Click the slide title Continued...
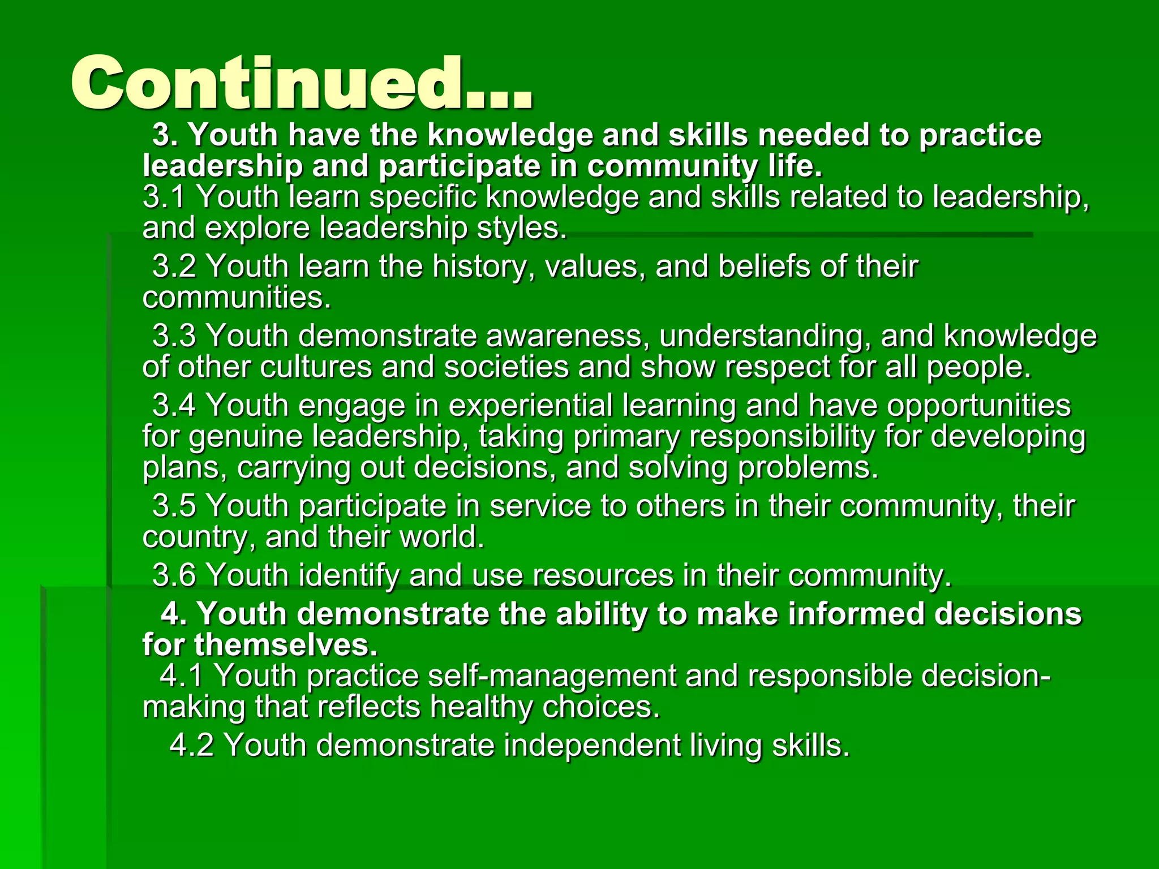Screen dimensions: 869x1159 [x=302, y=84]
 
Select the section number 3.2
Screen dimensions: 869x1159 [x=174, y=266]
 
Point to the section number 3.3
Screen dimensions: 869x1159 [x=174, y=335]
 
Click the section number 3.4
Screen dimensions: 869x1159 [x=174, y=406]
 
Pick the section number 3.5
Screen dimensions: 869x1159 [x=174, y=505]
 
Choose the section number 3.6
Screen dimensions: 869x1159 [x=174, y=575]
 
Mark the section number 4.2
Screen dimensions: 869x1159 [x=191, y=745]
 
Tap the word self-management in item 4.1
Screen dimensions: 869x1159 [x=552, y=676]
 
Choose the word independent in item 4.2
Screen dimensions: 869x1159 [x=592, y=745]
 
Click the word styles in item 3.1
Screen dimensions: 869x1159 [x=521, y=228]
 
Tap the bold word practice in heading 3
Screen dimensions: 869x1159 [x=980, y=135]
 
